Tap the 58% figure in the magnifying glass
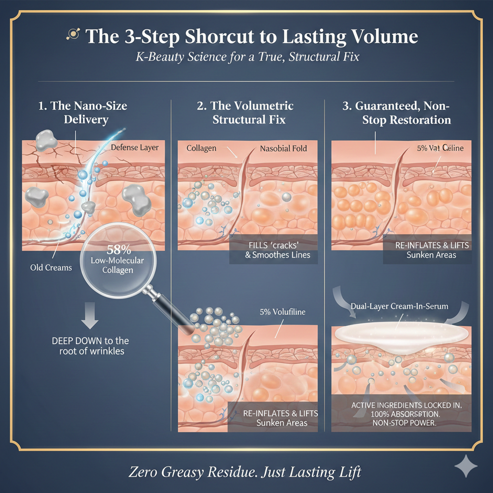tap(116, 250)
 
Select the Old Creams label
tap(51, 267)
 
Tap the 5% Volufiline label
tap(282, 312)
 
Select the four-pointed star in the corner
tap(466, 467)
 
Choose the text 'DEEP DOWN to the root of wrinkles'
tap(90, 346)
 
